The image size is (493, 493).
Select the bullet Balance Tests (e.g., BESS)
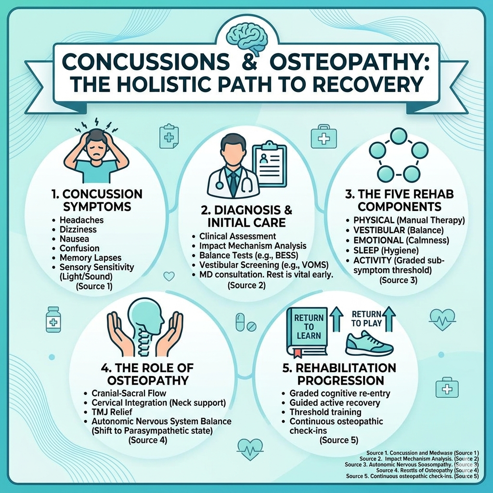click(245, 255)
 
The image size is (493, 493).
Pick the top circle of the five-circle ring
click(399, 136)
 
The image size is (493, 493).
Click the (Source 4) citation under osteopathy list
click(147, 440)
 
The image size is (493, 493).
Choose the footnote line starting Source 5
click(412, 476)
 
